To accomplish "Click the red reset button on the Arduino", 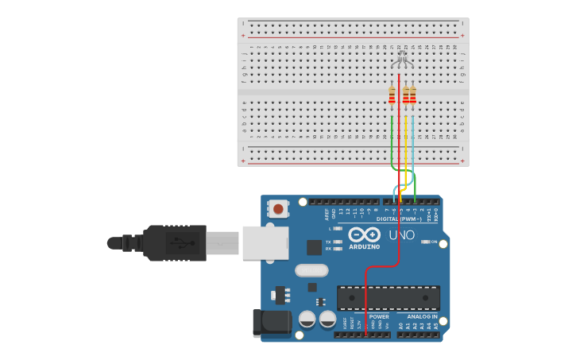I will click(277, 209).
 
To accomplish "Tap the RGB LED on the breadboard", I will click(402, 60).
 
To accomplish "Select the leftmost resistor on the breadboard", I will click(392, 95).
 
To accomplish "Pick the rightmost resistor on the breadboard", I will click(412, 95).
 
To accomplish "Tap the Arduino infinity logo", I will click(364, 234).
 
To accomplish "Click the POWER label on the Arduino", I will click(379, 316).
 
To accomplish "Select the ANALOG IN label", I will click(417, 316).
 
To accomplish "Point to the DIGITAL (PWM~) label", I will click(398, 219).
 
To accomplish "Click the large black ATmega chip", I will click(388, 298).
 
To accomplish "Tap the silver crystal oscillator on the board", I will click(311, 270).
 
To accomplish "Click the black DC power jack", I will click(271, 322).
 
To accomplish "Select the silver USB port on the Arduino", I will click(265, 242).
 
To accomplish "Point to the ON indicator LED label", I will click(434, 242).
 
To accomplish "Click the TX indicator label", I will click(328, 242).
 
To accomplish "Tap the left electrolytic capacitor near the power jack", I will click(307, 319).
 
